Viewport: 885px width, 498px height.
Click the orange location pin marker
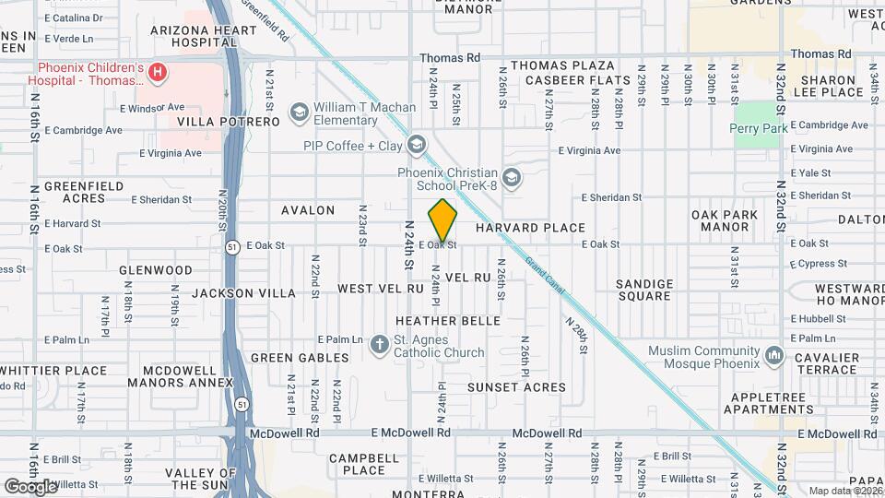442,222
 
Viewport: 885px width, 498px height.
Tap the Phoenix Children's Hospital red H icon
158,72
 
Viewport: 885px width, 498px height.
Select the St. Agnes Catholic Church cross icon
379,345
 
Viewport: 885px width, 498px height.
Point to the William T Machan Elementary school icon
299,113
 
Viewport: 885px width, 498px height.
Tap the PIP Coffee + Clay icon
417,145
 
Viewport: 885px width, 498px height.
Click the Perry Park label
759,129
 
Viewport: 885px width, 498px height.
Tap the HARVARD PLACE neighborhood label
530,228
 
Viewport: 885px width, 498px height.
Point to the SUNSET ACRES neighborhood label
516,387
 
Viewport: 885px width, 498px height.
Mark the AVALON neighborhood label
308,210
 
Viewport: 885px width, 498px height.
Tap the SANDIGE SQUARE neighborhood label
644,290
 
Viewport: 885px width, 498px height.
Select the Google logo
30,486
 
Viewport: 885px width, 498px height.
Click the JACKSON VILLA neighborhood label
244,293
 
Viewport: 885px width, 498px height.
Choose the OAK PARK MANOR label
724,220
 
